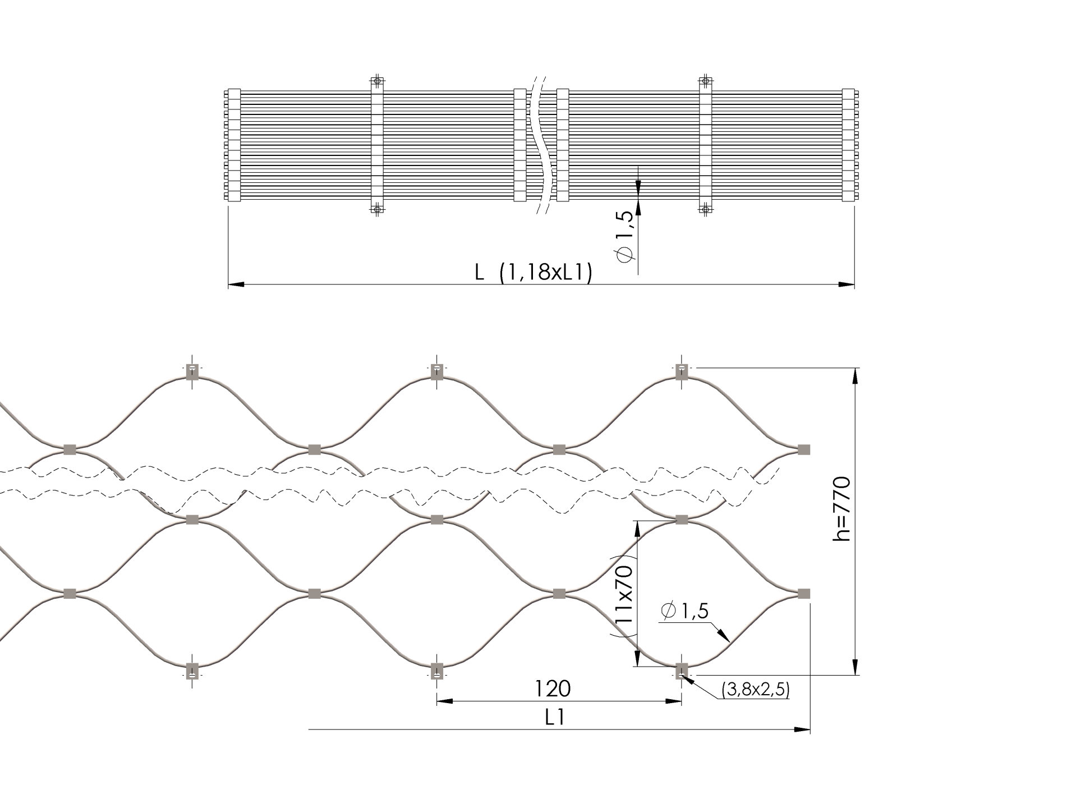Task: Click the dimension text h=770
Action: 842,509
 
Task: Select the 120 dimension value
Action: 552,688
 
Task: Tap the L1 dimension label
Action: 554,718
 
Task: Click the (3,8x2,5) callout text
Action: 756,690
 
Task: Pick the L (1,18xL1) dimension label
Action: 534,273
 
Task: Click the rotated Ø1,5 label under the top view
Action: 627,237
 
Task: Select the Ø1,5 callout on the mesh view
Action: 685,610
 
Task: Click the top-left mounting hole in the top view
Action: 377,81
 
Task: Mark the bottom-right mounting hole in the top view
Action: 706,209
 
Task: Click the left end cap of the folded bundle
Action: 233,145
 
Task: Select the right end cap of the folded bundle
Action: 849,145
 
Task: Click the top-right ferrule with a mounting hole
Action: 681,372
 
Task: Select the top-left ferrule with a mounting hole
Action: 192,372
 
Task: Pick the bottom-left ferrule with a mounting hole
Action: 192,671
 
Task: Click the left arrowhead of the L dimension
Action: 236,285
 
